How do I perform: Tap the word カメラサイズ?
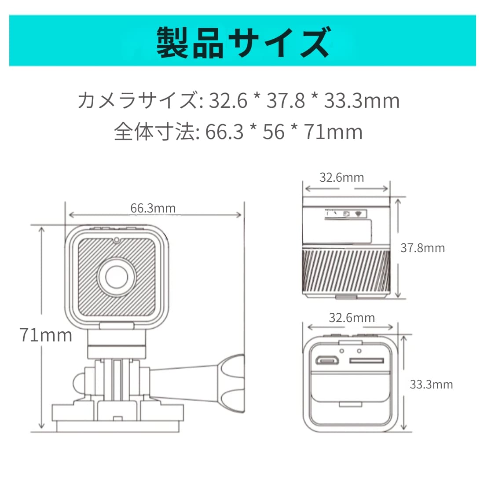[136, 101]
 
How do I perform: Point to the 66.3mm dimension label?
[153, 208]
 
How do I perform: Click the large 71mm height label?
[46, 335]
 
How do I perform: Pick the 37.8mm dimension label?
[422, 248]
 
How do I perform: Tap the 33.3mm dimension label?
[431, 385]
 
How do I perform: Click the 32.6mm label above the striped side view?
[341, 177]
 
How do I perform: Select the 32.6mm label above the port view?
[352, 318]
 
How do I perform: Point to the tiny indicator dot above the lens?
[117, 240]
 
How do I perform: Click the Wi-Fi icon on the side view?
[358, 214]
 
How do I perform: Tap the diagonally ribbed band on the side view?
[346, 271]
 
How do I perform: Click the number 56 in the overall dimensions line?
[273, 132]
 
